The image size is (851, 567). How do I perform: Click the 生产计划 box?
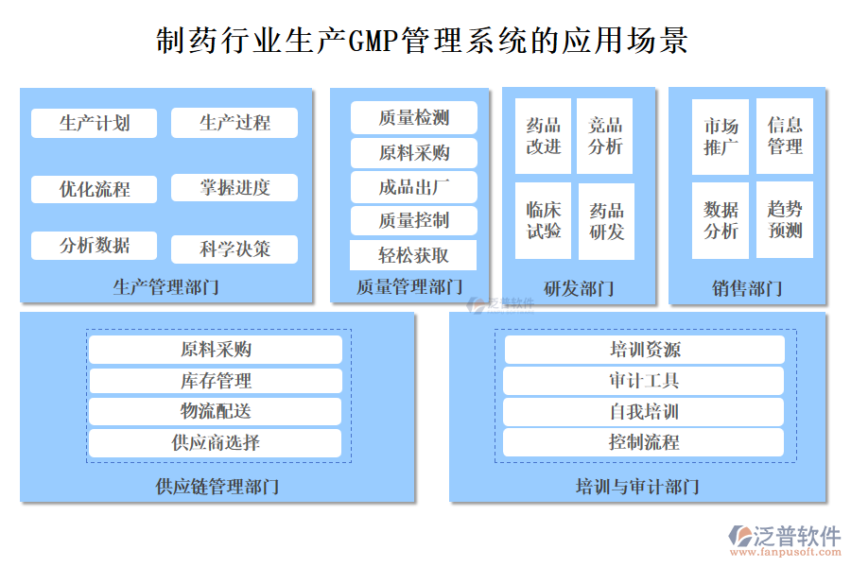(x=94, y=123)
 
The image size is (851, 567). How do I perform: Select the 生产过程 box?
(x=234, y=123)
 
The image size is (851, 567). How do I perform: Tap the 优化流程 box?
(x=94, y=189)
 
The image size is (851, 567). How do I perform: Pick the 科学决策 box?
(x=234, y=249)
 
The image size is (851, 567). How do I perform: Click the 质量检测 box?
(x=413, y=118)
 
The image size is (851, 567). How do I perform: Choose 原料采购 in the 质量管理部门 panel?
(x=413, y=153)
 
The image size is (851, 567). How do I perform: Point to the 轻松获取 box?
(x=413, y=255)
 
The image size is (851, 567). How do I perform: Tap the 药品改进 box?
(x=543, y=136)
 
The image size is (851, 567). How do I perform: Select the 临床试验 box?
(x=543, y=220)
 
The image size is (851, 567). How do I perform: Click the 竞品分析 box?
(x=606, y=136)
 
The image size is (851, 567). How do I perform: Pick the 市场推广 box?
(x=721, y=137)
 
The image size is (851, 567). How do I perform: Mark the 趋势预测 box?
(x=785, y=220)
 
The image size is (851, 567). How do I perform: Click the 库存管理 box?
(x=216, y=381)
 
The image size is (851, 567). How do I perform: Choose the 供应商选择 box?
(x=216, y=442)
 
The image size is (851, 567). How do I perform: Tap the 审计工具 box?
(x=644, y=381)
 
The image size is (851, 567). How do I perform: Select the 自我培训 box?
(x=644, y=412)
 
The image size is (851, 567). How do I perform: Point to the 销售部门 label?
(x=747, y=288)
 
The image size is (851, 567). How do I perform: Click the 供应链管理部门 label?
(x=217, y=487)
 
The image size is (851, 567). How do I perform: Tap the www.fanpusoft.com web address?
(x=784, y=556)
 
